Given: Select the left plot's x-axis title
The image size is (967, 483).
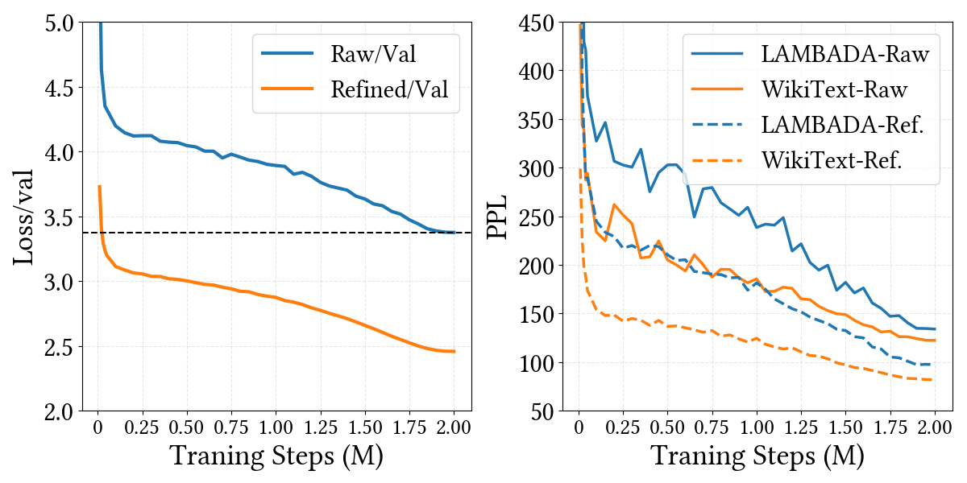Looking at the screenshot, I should (x=276, y=456).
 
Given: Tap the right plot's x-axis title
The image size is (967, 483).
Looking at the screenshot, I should (x=757, y=456).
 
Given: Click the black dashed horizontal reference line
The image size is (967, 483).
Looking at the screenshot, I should (x=242, y=233).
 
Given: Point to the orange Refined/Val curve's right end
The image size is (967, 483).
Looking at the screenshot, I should (x=454, y=351).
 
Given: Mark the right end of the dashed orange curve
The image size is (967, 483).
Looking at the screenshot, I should (x=934, y=379).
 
